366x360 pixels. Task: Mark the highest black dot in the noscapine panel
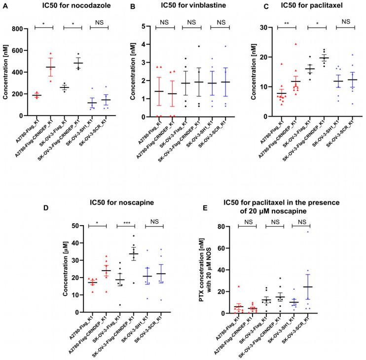coord(133,236)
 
